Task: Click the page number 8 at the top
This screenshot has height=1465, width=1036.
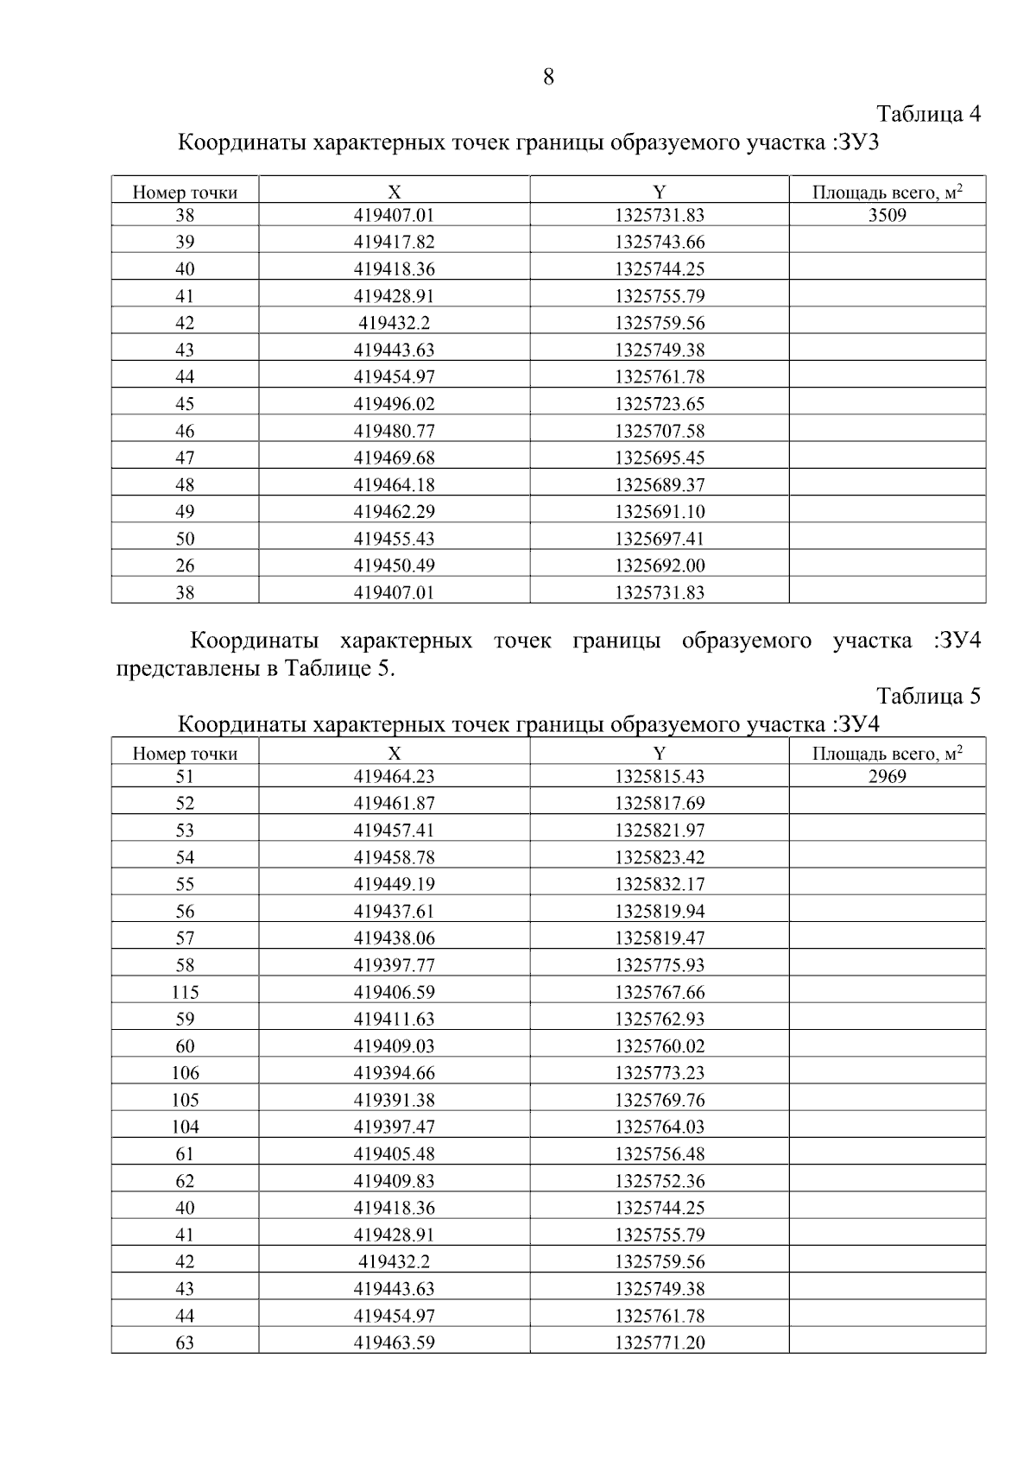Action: [x=548, y=78]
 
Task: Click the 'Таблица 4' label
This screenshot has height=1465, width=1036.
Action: [x=928, y=114]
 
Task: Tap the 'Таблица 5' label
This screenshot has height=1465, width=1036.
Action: [x=928, y=696]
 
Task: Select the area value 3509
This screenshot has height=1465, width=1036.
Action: [x=887, y=215]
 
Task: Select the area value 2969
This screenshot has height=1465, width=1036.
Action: [x=887, y=776]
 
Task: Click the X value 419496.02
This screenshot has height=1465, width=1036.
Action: [x=394, y=404]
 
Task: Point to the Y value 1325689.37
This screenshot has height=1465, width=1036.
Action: [x=660, y=484]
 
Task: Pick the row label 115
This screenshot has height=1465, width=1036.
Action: [x=185, y=992]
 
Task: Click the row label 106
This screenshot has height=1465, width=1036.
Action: [x=185, y=1073]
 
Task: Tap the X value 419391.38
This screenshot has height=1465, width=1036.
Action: [x=394, y=1100]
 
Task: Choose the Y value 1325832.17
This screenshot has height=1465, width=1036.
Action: [x=660, y=884]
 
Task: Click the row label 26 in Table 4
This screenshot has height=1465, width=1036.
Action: [x=185, y=565]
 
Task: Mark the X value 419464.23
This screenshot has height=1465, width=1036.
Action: [x=394, y=776]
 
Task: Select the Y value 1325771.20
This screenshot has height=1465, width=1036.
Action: [x=660, y=1342]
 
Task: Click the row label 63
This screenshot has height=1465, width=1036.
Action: [x=185, y=1342]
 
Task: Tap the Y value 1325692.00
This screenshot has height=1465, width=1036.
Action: [x=660, y=565]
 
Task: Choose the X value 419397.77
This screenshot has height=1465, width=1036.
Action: [x=394, y=965]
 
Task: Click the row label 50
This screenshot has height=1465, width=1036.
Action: [x=185, y=539]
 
